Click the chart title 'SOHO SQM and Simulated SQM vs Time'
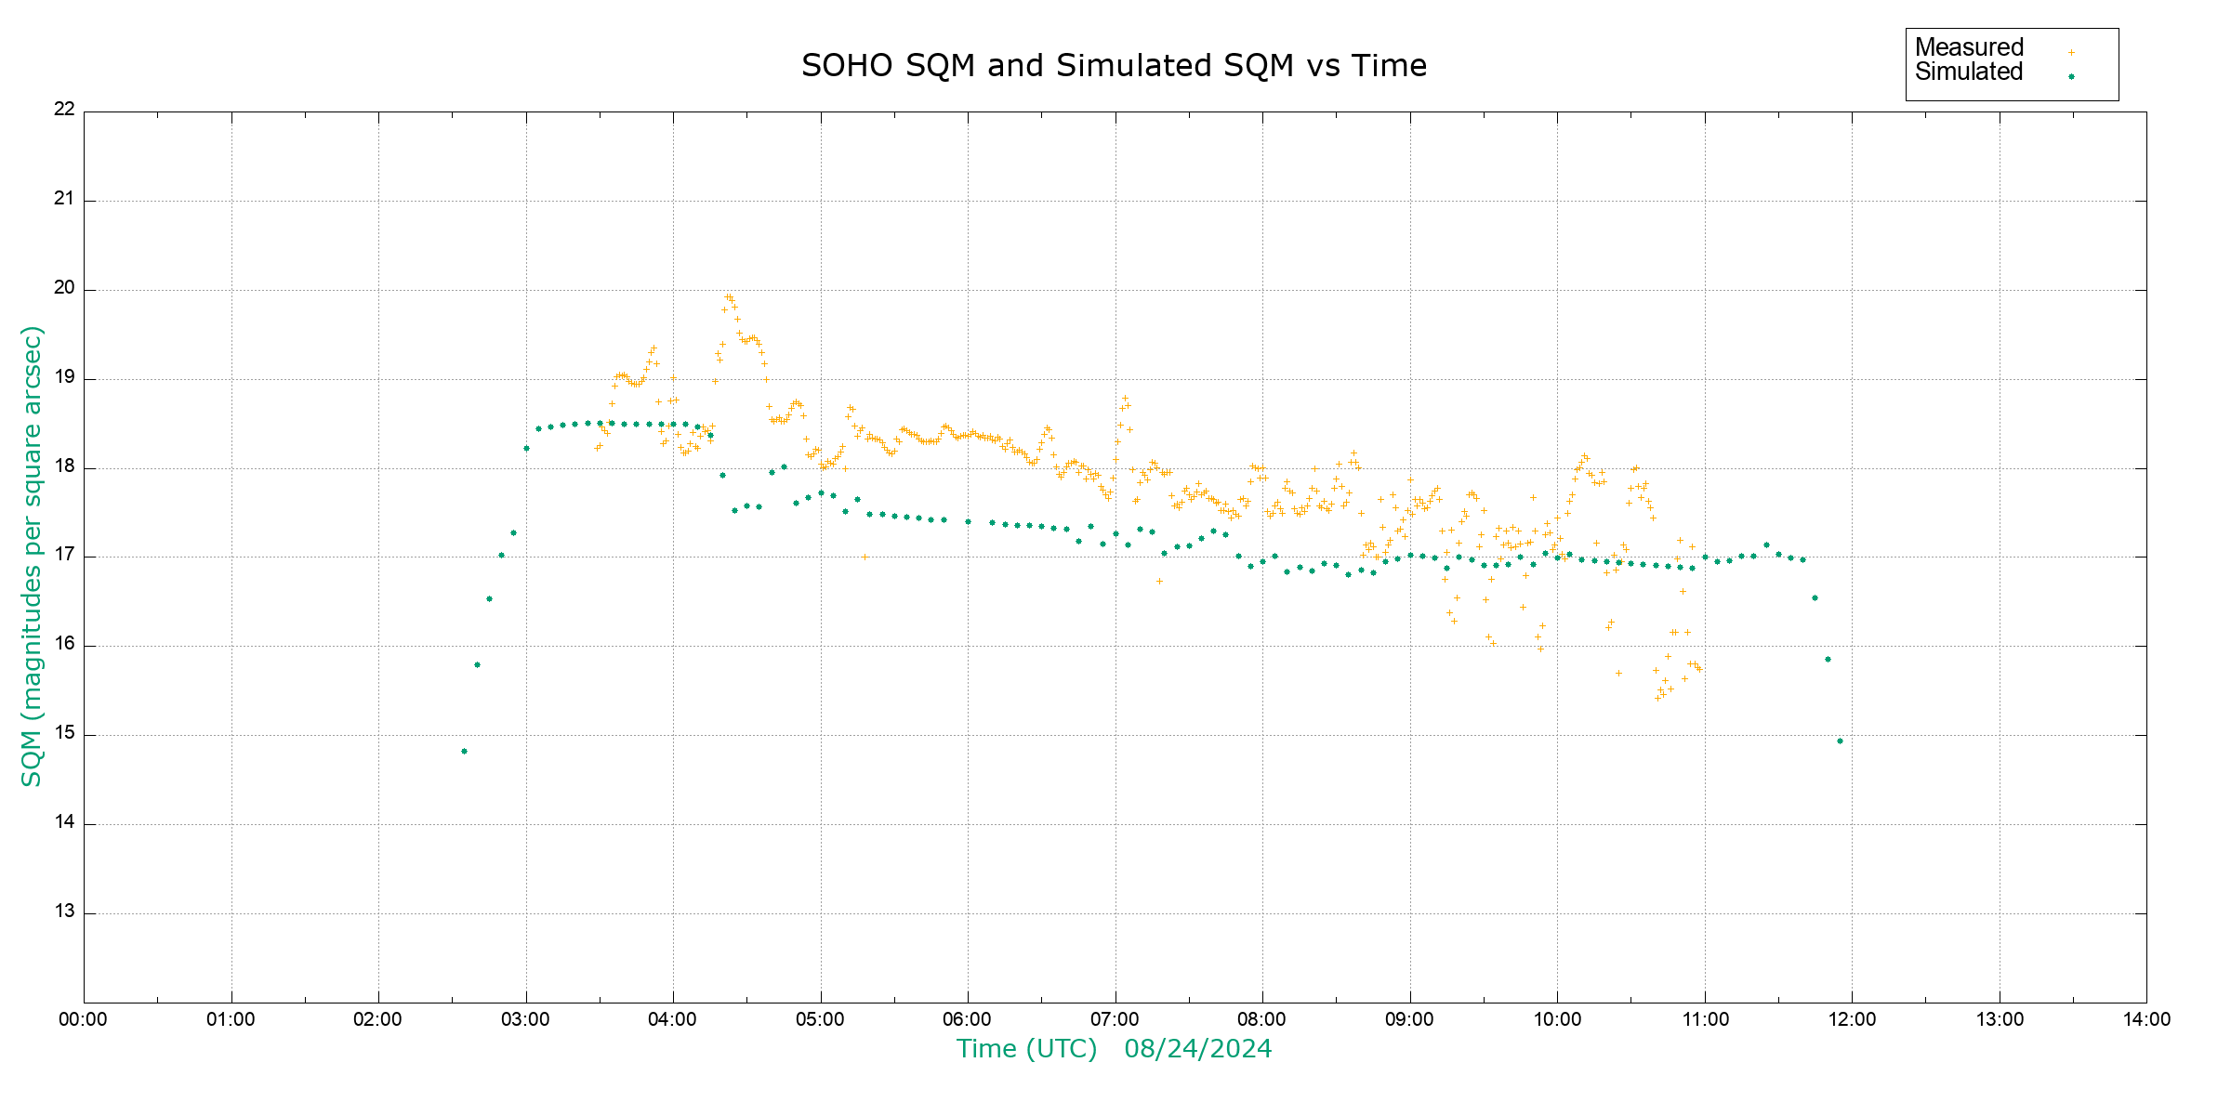click(x=1114, y=66)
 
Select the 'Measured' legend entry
click(x=1969, y=47)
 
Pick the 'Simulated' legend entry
click(x=1969, y=72)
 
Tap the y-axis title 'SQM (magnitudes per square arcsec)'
click(x=33, y=557)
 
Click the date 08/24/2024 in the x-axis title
click(x=1197, y=1049)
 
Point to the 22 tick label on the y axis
click(x=64, y=110)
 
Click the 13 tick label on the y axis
click(x=64, y=912)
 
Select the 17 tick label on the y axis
click(x=64, y=556)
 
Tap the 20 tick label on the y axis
click(x=64, y=288)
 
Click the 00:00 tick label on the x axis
click(x=84, y=1020)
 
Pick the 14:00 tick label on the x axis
click(x=2146, y=1020)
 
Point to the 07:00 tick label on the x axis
click(x=1115, y=1020)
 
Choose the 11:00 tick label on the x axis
click(x=1705, y=1020)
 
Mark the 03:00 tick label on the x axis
click(x=525, y=1020)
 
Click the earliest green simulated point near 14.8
click(x=465, y=752)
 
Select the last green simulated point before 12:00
click(x=1840, y=741)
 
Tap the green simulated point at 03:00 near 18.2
click(x=526, y=449)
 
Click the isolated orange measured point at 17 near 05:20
click(x=865, y=557)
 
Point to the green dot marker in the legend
click(x=2071, y=77)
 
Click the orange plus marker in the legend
click(x=2071, y=53)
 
